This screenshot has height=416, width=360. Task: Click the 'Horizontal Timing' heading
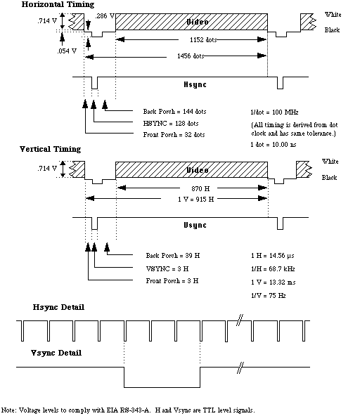[58, 4]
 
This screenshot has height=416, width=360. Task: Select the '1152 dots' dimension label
[203, 40]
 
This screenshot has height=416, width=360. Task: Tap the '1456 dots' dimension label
[191, 56]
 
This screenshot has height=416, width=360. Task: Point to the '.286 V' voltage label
[105, 16]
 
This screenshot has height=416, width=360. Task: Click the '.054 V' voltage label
[67, 51]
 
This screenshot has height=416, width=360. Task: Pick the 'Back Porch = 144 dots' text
[174, 112]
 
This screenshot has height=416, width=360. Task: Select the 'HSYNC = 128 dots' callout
[171, 124]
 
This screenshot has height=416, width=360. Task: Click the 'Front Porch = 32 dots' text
[174, 135]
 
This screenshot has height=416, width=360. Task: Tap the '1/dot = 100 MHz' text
[274, 112]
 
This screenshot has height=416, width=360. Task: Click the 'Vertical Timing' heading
[50, 149]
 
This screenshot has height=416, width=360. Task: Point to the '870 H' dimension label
[200, 188]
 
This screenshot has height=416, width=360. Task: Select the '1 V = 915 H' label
[196, 200]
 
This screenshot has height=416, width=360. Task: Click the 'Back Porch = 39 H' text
[173, 256]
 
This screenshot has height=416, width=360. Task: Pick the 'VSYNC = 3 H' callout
[167, 268]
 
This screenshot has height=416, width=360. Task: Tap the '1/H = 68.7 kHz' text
[273, 269]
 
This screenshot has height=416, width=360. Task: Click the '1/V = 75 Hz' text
[268, 296]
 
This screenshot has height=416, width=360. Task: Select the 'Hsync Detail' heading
[58, 307]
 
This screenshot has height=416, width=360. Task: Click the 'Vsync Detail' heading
[56, 353]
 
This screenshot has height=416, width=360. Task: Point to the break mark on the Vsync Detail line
[240, 368]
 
